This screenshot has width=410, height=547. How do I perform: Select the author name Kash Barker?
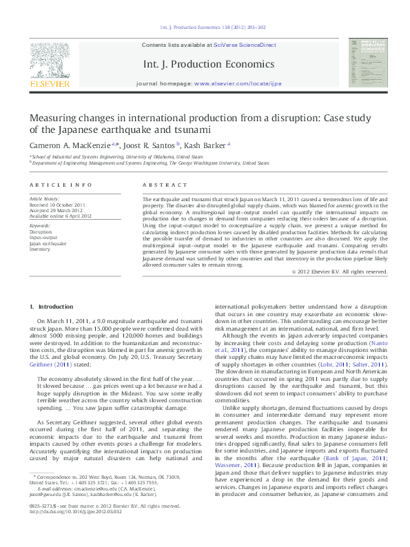[x=206, y=145]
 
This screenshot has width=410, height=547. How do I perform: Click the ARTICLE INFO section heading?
[x=61, y=186]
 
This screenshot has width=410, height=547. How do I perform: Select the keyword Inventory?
[x=40, y=249]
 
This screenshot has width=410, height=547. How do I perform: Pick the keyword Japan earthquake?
[x=48, y=244]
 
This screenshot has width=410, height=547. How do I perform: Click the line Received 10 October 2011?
[x=57, y=205]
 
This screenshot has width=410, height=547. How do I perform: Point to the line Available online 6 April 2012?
[x=61, y=216]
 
